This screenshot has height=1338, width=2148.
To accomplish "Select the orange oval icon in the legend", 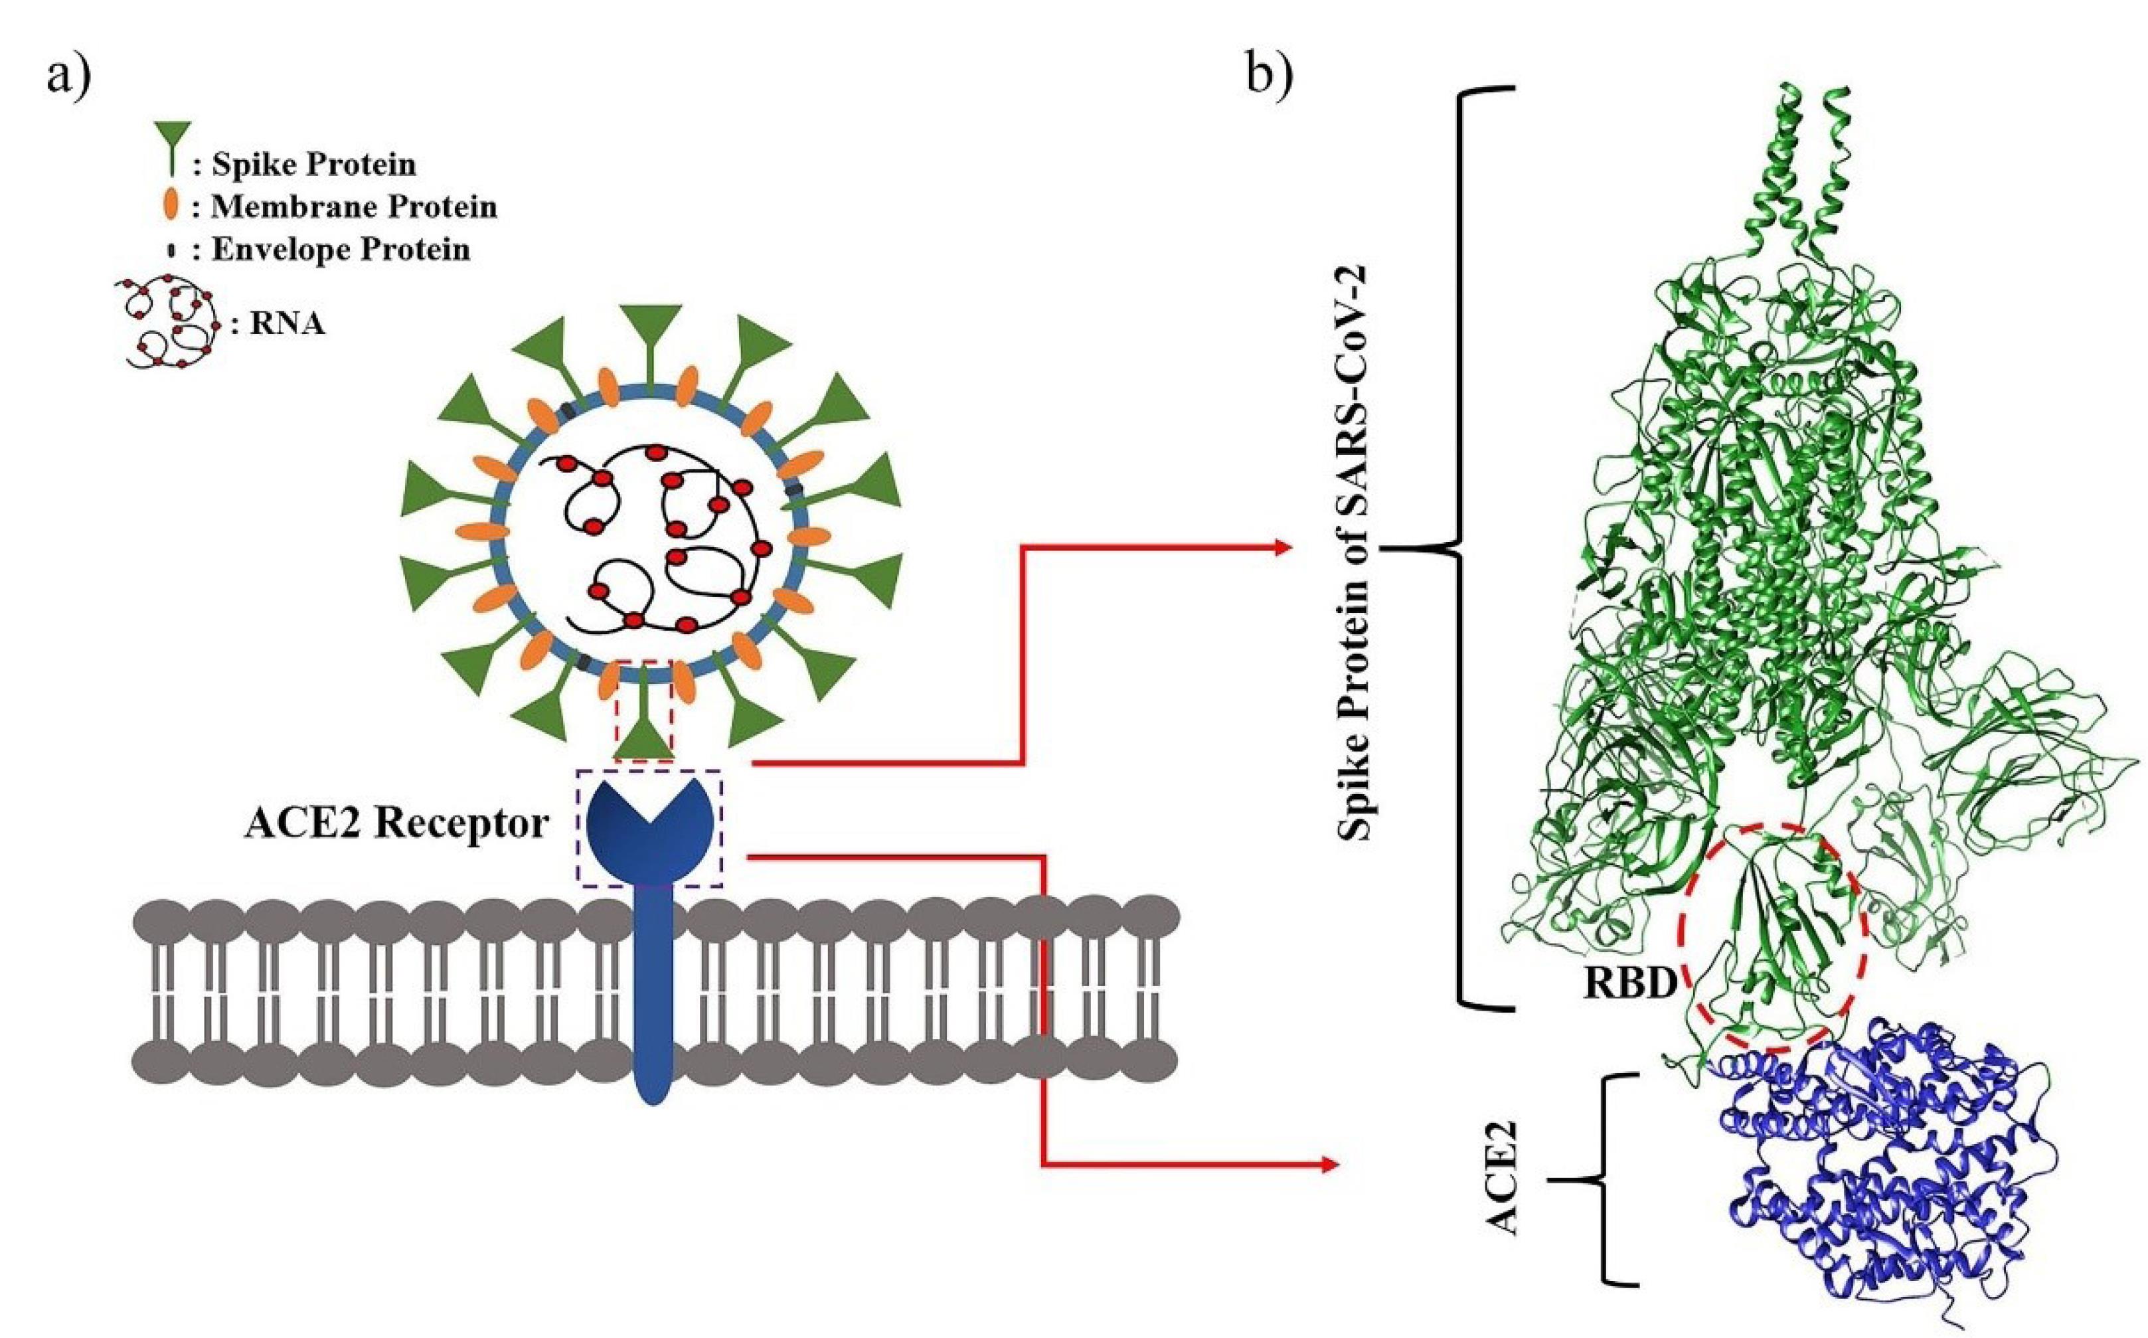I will (x=171, y=207).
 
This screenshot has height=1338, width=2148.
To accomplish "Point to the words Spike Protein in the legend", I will (x=313, y=165).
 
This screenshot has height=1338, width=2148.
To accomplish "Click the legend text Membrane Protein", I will (x=354, y=207).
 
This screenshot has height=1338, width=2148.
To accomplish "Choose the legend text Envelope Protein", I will (x=341, y=250).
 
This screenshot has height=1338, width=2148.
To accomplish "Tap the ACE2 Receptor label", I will (x=396, y=824).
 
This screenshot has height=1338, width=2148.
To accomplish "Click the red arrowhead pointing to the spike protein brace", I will (x=1283, y=548).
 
